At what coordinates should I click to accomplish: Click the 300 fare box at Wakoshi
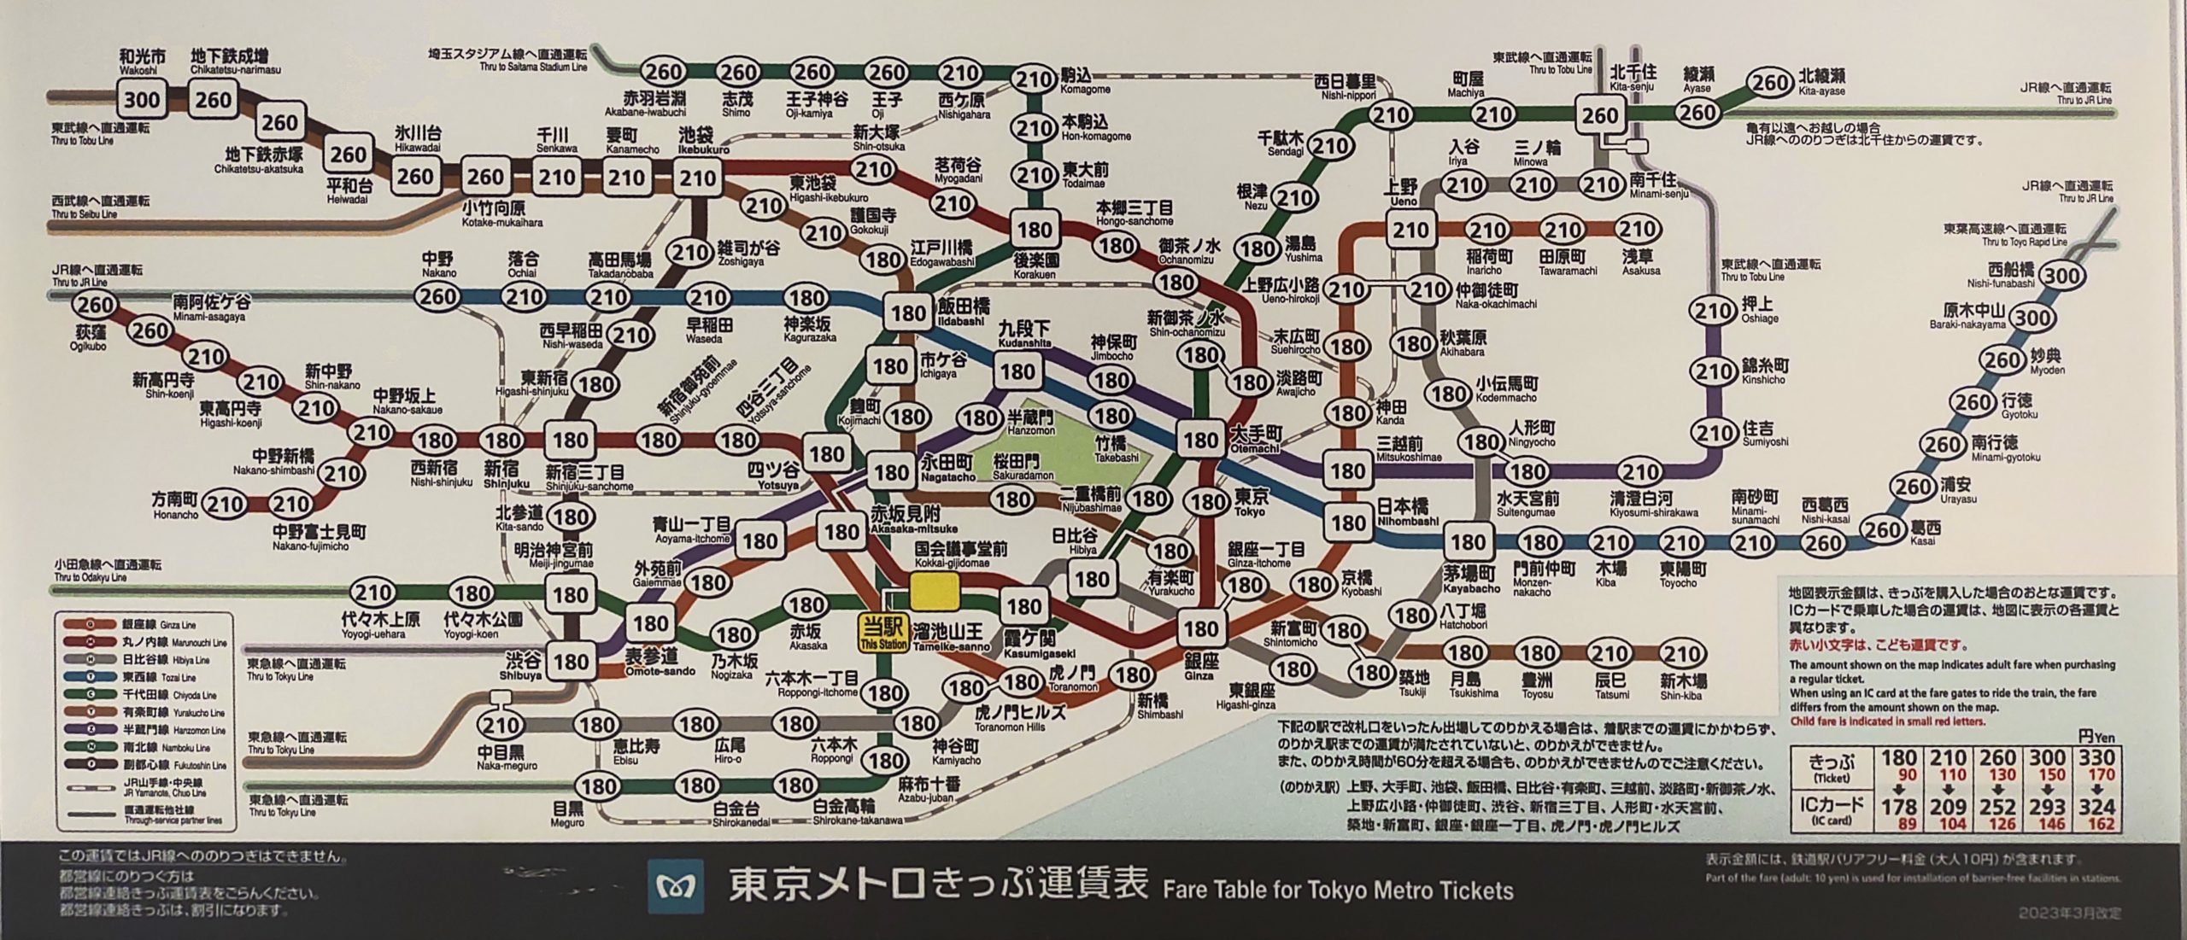coord(141,100)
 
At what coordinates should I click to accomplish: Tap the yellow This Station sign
coord(883,634)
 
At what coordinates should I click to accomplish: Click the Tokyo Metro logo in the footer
coord(676,890)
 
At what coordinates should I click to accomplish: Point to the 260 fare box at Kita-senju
coord(1600,115)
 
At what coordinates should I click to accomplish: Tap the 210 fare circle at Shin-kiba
coord(1682,655)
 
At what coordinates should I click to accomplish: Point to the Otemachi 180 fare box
coord(1201,441)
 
